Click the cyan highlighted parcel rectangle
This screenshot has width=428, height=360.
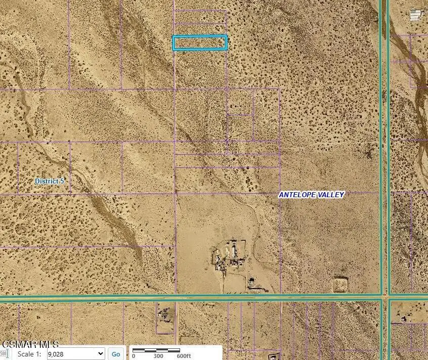(x=200, y=43)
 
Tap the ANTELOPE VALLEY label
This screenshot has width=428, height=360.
(x=312, y=195)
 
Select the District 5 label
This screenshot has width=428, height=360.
(x=50, y=181)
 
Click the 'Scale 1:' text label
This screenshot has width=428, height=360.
(x=29, y=354)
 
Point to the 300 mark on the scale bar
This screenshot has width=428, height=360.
(x=158, y=355)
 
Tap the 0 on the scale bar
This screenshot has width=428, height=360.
(x=134, y=355)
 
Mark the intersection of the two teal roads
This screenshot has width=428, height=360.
(x=385, y=296)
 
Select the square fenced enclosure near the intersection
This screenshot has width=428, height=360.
(x=340, y=284)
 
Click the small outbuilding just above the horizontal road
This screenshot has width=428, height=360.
(x=253, y=284)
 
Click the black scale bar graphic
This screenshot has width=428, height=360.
(x=156, y=350)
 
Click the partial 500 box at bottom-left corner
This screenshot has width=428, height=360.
(x=4, y=353)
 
